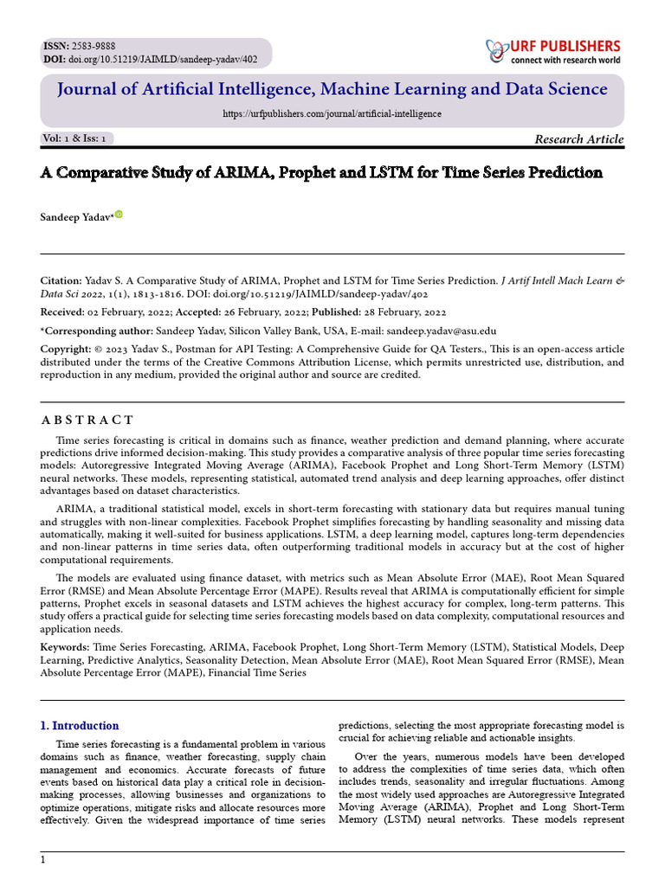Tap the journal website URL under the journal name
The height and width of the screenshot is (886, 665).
tap(332, 113)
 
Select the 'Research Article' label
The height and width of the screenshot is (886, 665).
tap(578, 139)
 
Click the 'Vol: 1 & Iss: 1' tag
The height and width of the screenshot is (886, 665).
tap(74, 138)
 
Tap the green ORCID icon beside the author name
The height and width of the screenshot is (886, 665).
tap(119, 214)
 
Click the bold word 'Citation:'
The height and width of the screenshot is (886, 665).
tap(61, 281)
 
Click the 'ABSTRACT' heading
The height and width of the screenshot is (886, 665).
tap(87, 421)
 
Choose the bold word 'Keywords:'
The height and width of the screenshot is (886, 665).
tap(65, 647)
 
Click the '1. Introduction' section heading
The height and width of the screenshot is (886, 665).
tap(81, 725)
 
